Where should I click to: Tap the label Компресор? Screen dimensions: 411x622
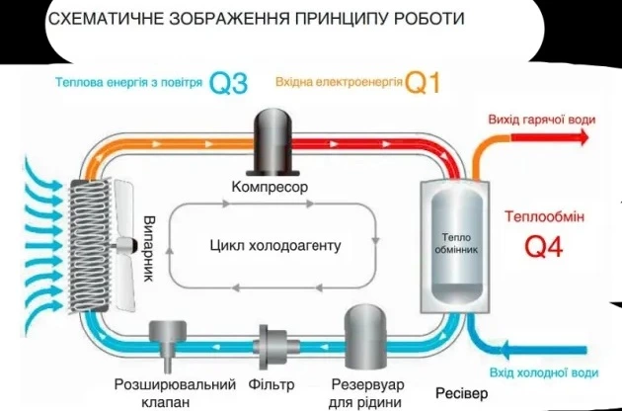point(270,187)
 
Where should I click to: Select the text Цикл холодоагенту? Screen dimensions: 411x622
point(274,245)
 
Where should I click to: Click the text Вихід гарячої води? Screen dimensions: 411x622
point(542,121)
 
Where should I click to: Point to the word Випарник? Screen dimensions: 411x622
point(149,246)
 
